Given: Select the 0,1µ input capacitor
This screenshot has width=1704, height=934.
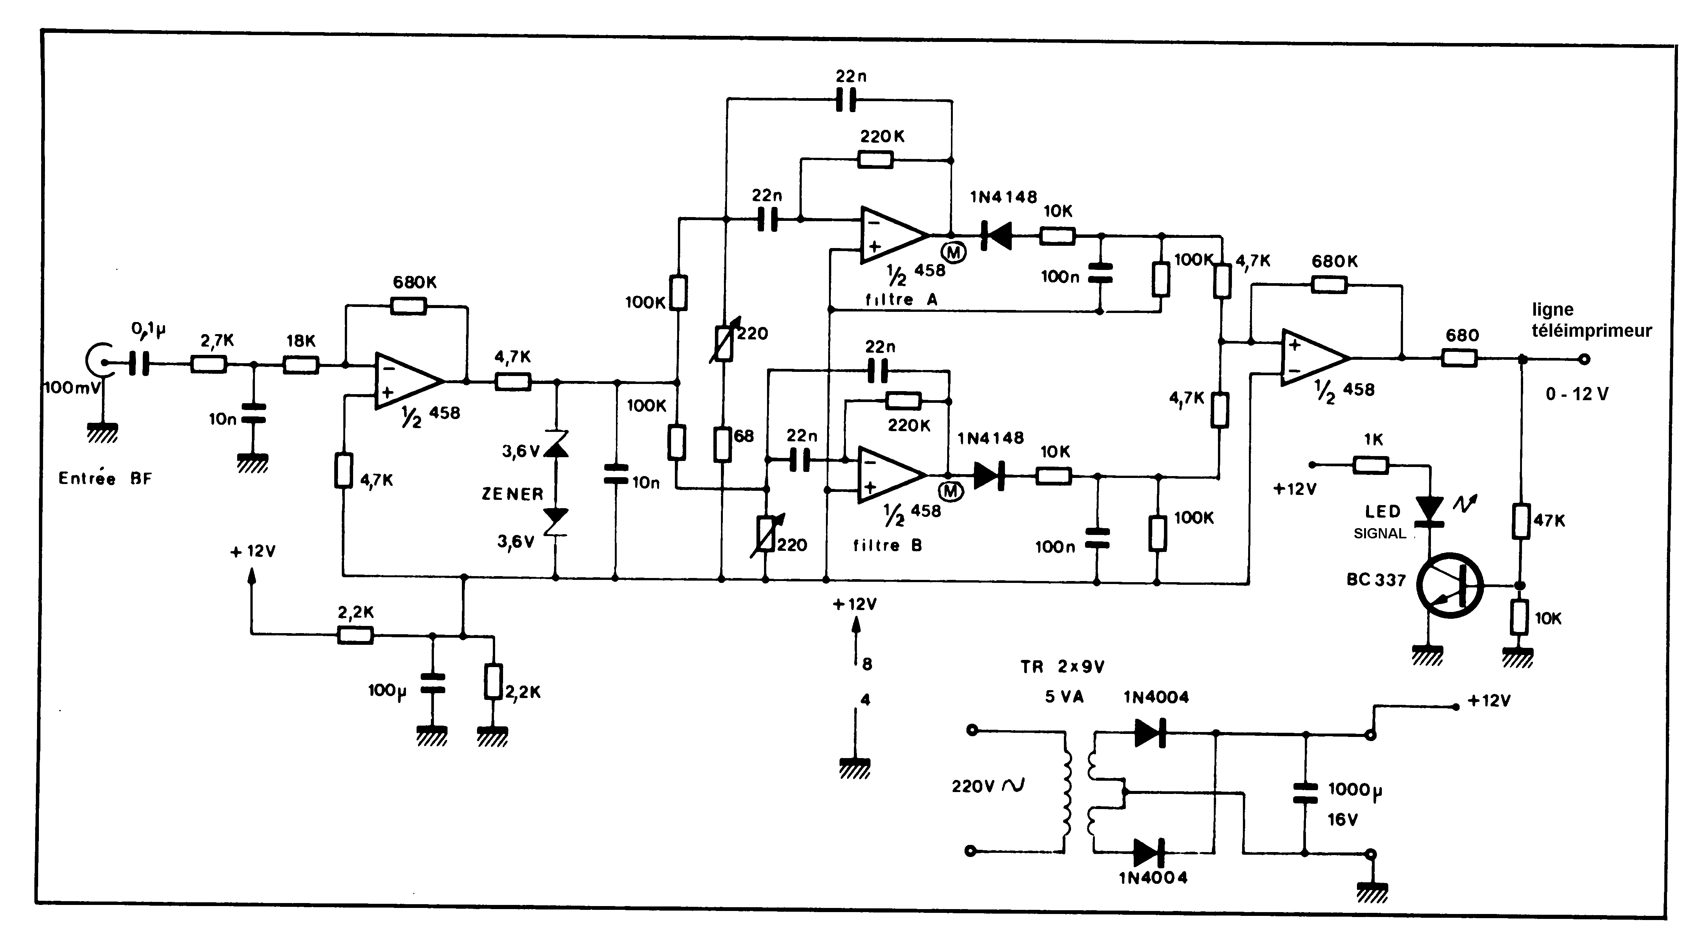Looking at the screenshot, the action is click(140, 363).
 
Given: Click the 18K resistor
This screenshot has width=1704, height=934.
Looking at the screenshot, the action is click(301, 364).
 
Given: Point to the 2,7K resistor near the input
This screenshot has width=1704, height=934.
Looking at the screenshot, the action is click(209, 364).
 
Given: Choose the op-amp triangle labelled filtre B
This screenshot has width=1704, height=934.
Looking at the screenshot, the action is click(891, 475).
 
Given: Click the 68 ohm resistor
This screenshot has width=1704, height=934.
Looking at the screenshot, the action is click(722, 443).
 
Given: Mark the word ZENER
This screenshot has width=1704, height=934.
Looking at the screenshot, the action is click(512, 494).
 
